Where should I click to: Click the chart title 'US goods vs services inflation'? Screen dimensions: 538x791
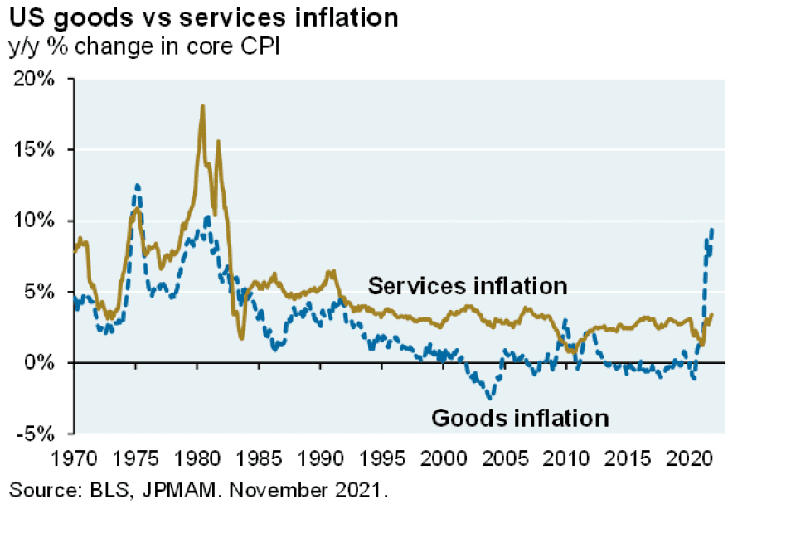[203, 17]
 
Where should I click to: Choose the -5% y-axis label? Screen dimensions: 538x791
[38, 434]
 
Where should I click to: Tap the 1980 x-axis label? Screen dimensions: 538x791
[199, 457]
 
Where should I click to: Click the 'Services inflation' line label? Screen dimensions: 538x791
[467, 286]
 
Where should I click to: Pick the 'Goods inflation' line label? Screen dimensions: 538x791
[520, 417]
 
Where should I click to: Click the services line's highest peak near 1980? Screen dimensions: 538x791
[202, 106]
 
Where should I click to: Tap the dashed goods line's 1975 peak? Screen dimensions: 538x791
[138, 186]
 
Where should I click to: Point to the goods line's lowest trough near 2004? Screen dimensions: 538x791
[490, 399]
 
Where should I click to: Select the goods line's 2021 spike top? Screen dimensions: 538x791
[711, 230]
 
